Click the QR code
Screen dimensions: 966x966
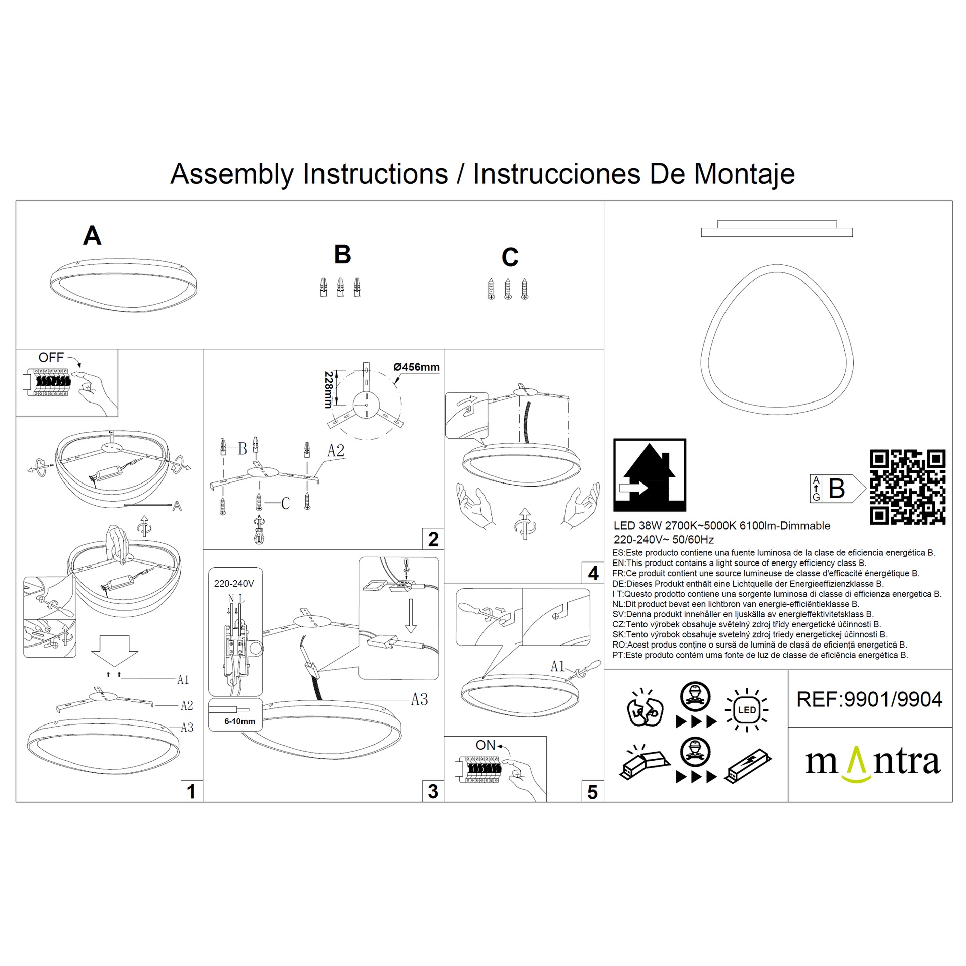point(908,487)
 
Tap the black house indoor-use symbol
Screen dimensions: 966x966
point(650,475)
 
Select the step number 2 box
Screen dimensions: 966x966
point(433,539)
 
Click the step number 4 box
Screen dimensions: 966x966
point(593,573)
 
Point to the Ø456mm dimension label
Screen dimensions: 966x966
point(417,367)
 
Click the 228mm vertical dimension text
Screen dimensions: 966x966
point(328,389)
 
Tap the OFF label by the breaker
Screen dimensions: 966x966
point(51,358)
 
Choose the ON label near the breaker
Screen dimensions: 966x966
point(486,745)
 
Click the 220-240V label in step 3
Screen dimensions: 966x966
point(234,584)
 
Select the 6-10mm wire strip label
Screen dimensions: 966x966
point(239,721)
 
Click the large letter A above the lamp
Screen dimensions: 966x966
point(92,235)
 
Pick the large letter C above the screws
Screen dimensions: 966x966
point(510,257)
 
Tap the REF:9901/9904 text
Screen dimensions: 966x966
point(869,699)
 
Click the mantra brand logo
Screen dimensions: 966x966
point(873,764)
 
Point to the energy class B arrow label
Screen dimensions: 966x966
point(838,488)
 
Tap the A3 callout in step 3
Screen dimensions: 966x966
point(419,700)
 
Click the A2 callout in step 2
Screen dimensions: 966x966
point(336,451)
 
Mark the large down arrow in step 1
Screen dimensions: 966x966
point(115,652)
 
